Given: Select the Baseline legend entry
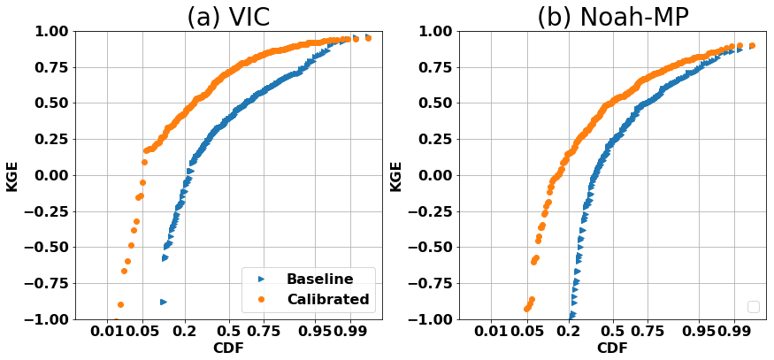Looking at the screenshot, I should (319, 279).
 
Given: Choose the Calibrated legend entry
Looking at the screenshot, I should (327, 299).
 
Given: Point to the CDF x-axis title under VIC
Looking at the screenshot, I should (228, 349).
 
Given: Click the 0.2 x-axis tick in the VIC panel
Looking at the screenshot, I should (185, 333).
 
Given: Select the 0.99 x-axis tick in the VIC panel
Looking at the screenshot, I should (350, 333).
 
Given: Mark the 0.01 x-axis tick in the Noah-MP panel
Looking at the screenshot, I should (493, 333).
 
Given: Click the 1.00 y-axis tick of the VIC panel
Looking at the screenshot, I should (51, 32).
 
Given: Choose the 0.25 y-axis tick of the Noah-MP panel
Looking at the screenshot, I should (436, 139).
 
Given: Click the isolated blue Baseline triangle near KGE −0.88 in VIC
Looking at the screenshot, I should (163, 302).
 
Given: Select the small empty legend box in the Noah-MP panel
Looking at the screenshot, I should (754, 307).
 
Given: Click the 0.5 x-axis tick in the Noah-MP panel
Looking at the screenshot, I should (612, 333).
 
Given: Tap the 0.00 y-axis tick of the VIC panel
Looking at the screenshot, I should (51, 175).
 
